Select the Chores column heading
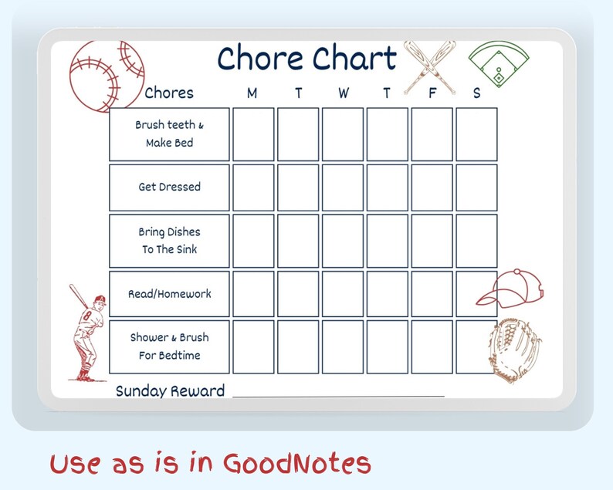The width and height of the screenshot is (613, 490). pos(169,93)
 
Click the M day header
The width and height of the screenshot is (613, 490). pos(252,93)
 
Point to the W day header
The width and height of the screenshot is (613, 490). pos(343,93)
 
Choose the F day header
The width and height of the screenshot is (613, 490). pos(432,93)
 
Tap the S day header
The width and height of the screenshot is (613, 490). pos(476,93)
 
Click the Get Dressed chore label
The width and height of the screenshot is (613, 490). pos(169,187)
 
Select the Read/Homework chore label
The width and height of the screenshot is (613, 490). pos(169,294)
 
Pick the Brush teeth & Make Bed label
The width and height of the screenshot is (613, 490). pos(169,133)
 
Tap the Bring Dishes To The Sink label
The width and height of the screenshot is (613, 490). pos(169,240)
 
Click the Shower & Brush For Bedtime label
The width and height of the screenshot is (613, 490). pos(169,346)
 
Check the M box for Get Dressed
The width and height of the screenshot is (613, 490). pos(253,188)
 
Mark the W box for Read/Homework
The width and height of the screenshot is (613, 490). pos(343,294)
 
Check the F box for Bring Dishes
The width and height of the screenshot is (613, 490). pos(432,241)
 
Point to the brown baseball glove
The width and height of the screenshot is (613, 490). pos(514,350)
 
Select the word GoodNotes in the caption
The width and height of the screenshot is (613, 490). pos(297,463)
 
